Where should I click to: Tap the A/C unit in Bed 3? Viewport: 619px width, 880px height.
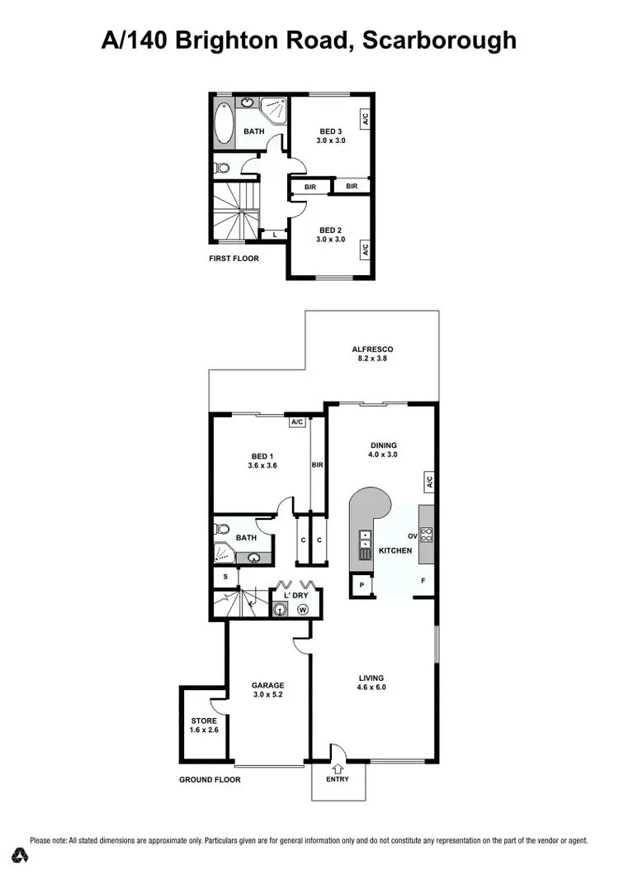tap(364, 119)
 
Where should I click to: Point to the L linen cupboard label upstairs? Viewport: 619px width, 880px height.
tap(274, 235)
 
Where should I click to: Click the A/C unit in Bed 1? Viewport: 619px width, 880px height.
tap(298, 422)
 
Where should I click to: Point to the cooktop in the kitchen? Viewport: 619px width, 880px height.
tap(427, 535)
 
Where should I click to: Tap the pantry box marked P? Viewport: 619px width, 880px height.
tap(361, 587)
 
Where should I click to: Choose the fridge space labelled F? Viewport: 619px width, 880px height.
tap(423, 581)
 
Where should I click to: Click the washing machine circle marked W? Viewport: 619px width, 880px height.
tap(302, 610)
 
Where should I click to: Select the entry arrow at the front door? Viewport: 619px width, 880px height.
tap(337, 768)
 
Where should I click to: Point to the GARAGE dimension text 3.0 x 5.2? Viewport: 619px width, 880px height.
tap(268, 696)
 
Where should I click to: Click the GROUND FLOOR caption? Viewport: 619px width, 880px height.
tap(210, 779)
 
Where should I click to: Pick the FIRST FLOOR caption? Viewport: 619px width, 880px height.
tap(234, 259)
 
